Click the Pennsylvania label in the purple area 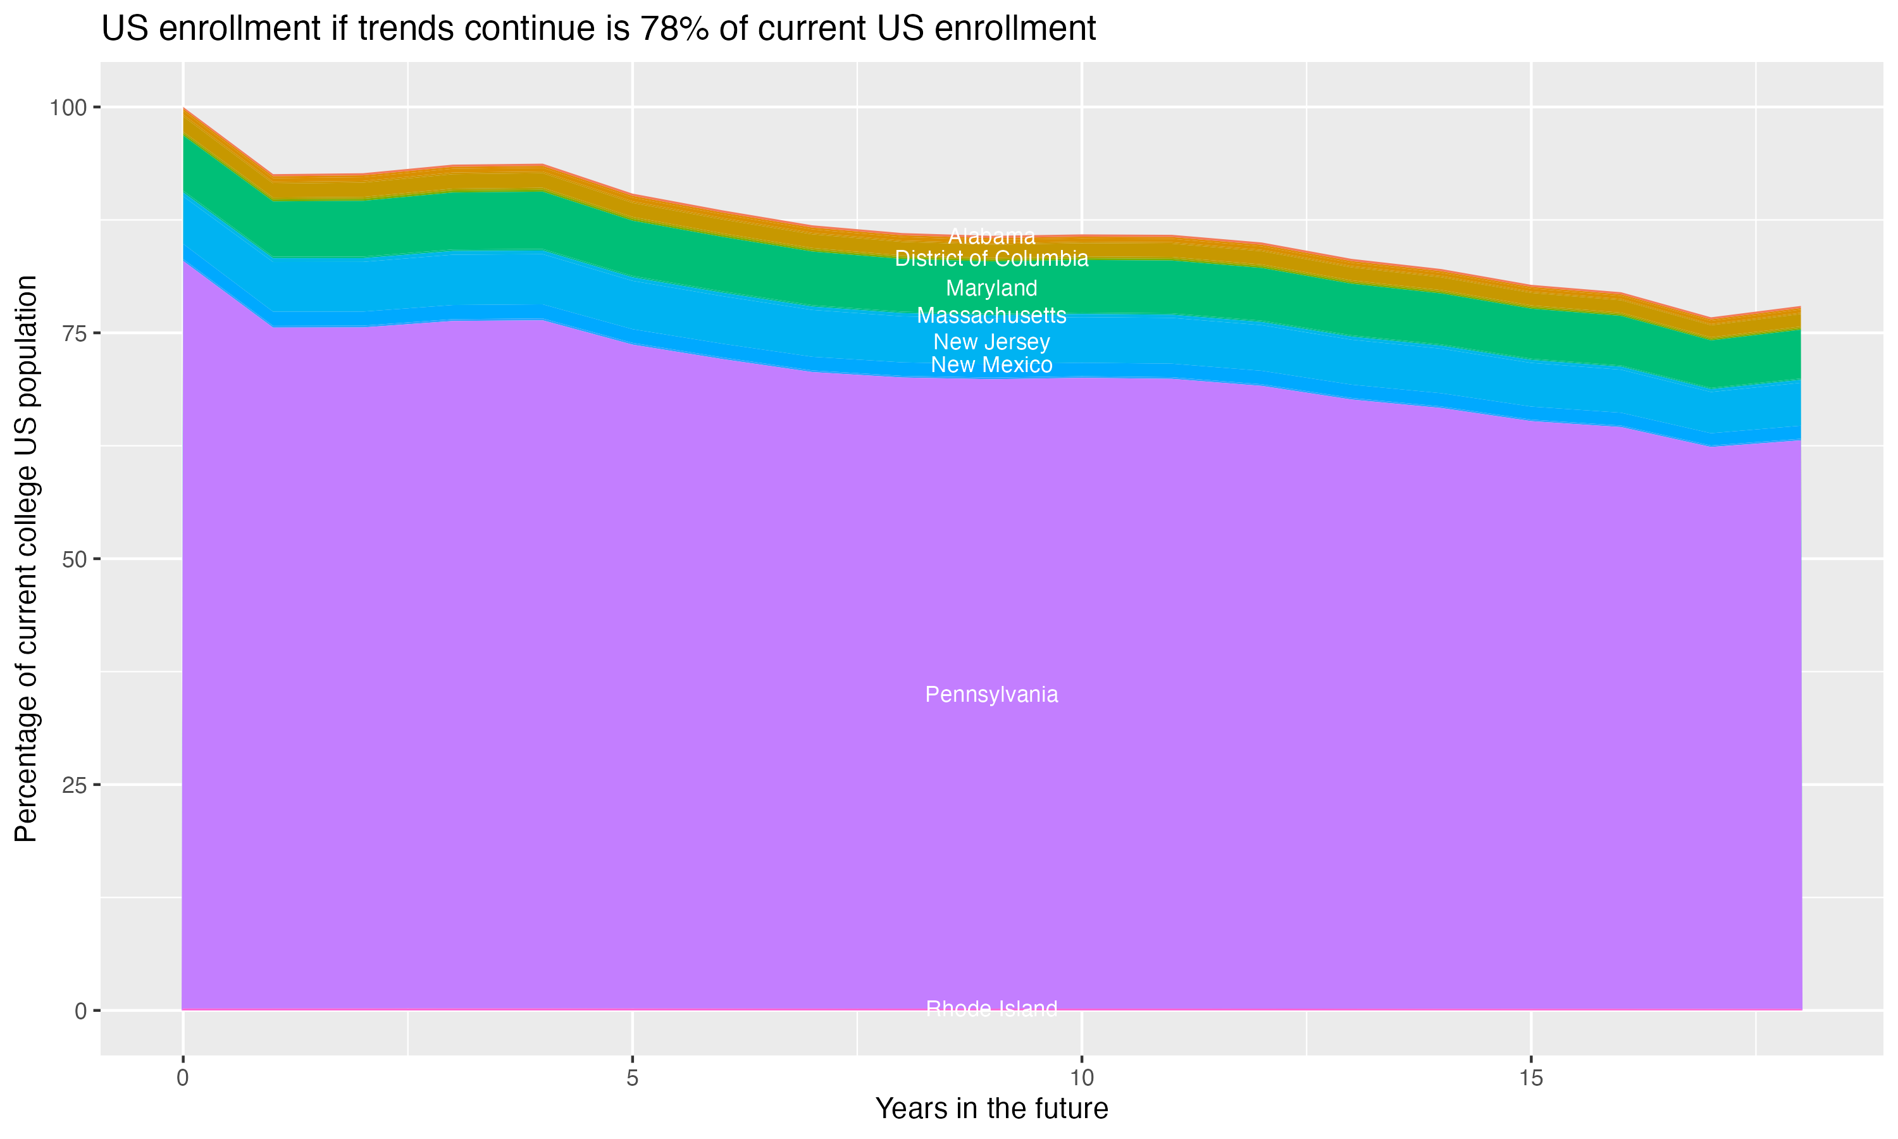point(991,695)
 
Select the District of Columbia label point(991,259)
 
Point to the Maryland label point(991,288)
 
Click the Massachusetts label point(991,316)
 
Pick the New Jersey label point(991,342)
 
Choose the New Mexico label point(991,364)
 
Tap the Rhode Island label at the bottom point(991,1009)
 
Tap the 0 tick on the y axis point(80,1011)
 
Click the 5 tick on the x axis point(632,1078)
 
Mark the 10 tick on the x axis point(1082,1078)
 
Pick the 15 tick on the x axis point(1531,1078)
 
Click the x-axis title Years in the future point(991,1109)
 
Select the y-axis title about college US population point(26,559)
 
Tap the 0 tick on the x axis point(183,1078)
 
